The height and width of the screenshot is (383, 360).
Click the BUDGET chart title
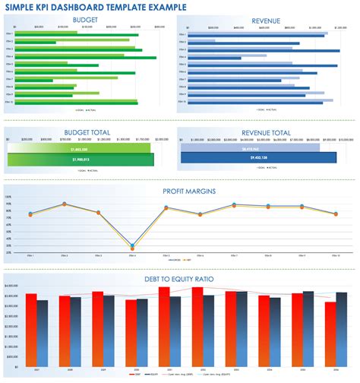[85, 21]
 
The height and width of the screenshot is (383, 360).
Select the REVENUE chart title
[266, 21]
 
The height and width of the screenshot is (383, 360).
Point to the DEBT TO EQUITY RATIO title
[180, 280]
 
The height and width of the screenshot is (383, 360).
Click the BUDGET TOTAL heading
[85, 132]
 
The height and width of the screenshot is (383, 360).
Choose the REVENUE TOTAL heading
[266, 132]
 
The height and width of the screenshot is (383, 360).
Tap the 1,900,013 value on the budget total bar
[80, 160]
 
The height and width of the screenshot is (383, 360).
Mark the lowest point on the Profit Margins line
[132, 246]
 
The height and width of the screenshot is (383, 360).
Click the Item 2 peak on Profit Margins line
[65, 204]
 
